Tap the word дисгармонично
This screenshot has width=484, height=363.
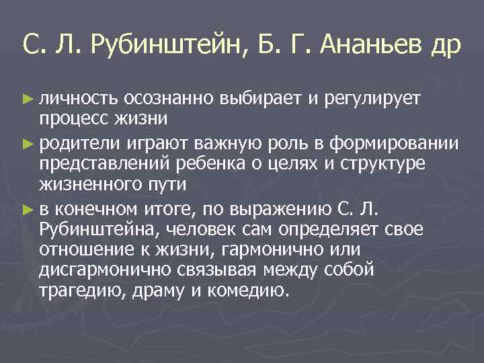coord(100,271)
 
